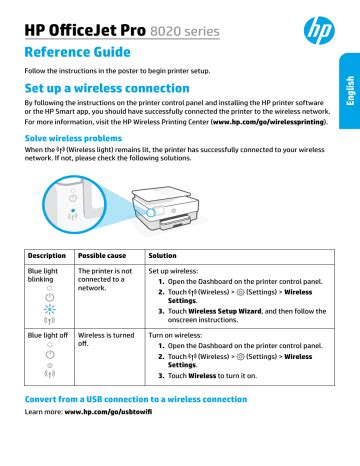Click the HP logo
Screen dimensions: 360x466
319,30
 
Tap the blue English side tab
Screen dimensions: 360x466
350,91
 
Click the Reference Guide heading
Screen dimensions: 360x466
77,52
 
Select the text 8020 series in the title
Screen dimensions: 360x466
185,31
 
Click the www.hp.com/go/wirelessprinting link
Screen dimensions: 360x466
269,122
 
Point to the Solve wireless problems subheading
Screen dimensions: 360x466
73,138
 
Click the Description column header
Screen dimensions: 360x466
47,256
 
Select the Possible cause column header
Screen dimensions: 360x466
102,256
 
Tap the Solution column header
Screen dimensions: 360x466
162,256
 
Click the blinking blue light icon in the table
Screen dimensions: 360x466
50,309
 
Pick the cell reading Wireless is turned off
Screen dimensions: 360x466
106,339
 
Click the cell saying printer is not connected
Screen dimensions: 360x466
105,279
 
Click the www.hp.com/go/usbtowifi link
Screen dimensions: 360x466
108,412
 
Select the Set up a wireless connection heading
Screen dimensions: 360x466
107,88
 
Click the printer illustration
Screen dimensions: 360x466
166,208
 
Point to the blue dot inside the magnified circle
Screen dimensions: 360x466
73,211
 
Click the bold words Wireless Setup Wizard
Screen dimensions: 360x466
225,311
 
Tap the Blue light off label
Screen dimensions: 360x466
48,335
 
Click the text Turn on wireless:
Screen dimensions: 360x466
175,335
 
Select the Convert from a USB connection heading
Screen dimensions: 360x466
136,399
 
